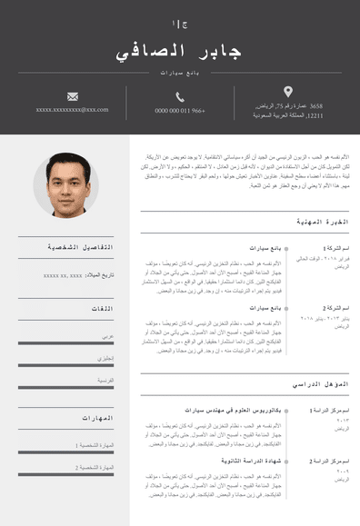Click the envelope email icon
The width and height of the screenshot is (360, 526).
[73, 96]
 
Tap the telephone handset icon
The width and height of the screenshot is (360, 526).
[180, 96]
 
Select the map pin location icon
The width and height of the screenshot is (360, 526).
[288, 92]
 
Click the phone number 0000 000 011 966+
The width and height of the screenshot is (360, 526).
[180, 111]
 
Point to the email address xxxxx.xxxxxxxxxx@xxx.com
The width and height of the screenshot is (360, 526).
[73, 110]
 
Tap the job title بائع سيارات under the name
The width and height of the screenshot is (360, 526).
[180, 72]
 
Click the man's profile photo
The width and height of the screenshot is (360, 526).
[66, 184]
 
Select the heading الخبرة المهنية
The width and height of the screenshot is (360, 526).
[323, 222]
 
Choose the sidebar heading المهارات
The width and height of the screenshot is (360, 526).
[96, 418]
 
